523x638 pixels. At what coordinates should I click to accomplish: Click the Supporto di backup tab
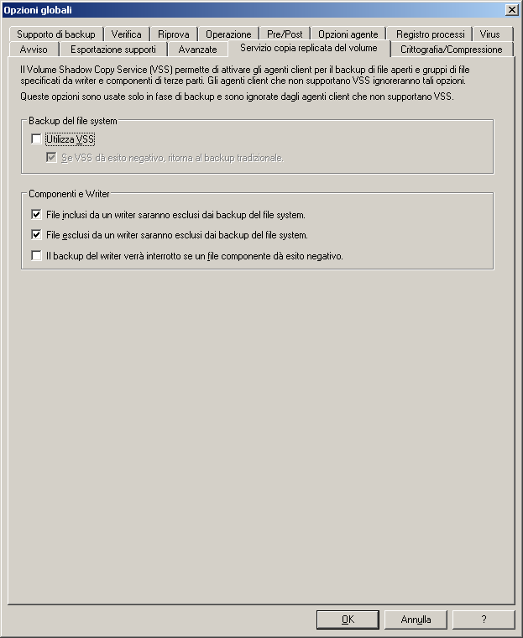point(56,34)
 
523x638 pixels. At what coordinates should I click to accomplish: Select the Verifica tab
point(127,34)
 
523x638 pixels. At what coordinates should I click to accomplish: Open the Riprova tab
point(175,34)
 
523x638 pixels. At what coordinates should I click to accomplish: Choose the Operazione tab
point(228,34)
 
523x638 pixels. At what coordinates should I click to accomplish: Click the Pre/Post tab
point(285,34)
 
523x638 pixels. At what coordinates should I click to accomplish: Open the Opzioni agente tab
point(348,34)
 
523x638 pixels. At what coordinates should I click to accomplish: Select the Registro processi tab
point(431,34)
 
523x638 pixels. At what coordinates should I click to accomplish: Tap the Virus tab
point(490,34)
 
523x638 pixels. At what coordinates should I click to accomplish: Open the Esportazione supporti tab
point(113,50)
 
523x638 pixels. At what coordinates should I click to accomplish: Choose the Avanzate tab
point(197,50)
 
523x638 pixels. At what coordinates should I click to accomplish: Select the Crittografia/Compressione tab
point(451,50)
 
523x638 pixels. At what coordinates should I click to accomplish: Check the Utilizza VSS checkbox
point(36,139)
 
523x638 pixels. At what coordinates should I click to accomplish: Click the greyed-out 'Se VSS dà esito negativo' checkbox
point(51,157)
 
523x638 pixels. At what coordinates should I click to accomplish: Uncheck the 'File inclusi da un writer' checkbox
point(36,215)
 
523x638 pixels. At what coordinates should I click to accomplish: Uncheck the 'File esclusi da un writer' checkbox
point(36,235)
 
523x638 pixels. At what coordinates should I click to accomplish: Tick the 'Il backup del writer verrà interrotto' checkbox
point(36,256)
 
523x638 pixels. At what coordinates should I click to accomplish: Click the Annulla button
point(416,620)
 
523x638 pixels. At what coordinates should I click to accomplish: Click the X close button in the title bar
point(511,9)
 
